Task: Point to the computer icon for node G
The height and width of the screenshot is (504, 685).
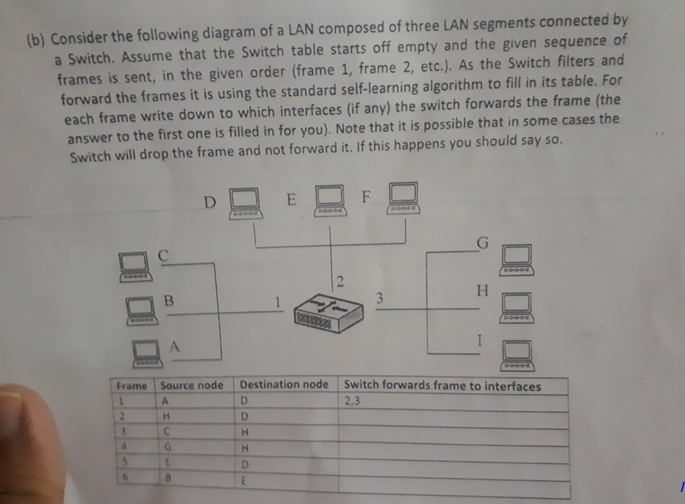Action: tap(517, 260)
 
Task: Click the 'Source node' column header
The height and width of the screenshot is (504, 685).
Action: tap(192, 385)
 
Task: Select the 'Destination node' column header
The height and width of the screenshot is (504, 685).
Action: tap(284, 384)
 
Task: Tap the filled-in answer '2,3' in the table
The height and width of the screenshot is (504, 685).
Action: tap(353, 400)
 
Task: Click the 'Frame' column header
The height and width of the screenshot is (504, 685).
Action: tap(131, 385)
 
